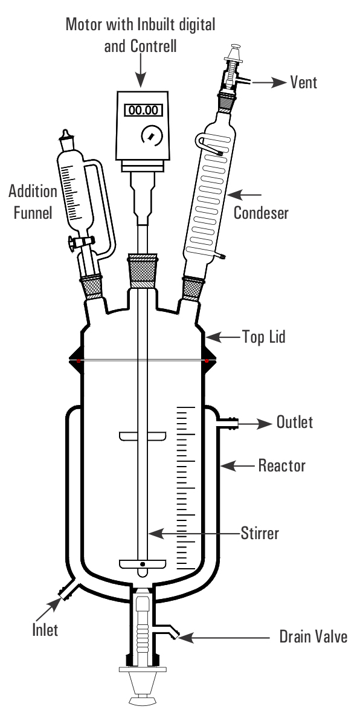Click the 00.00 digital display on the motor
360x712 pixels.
tap(143, 110)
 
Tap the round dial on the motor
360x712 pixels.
tap(149, 134)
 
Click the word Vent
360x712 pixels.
tap(304, 82)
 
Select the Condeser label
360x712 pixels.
tap(261, 213)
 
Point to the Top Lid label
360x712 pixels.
tap(264, 337)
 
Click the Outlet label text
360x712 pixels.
tap(295, 422)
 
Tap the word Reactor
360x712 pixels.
tap(282, 465)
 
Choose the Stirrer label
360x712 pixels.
tap(260, 533)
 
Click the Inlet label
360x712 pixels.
tap(45, 630)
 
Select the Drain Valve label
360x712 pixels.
tap(313, 636)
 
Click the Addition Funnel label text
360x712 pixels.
tap(33, 202)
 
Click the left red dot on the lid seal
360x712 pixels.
tap(79, 361)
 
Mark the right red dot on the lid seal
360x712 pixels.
tap(207, 361)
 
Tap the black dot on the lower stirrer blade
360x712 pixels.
tap(143, 565)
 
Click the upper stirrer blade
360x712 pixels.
tap(142, 436)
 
